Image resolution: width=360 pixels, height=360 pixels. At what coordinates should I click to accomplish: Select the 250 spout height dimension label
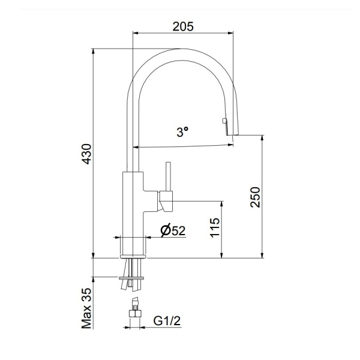[255, 197]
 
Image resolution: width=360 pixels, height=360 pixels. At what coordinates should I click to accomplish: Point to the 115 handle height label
[215, 228]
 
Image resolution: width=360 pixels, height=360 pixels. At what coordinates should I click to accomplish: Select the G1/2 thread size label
[167, 321]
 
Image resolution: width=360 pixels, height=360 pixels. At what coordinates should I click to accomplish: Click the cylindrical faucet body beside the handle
[133, 204]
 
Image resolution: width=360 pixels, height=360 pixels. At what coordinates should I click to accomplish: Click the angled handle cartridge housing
[166, 201]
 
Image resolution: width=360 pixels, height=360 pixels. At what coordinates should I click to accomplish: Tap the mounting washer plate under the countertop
[133, 278]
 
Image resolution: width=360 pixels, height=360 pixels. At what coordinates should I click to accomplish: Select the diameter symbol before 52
[165, 230]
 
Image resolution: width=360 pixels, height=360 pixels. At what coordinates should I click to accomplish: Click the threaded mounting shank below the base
[133, 268]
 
